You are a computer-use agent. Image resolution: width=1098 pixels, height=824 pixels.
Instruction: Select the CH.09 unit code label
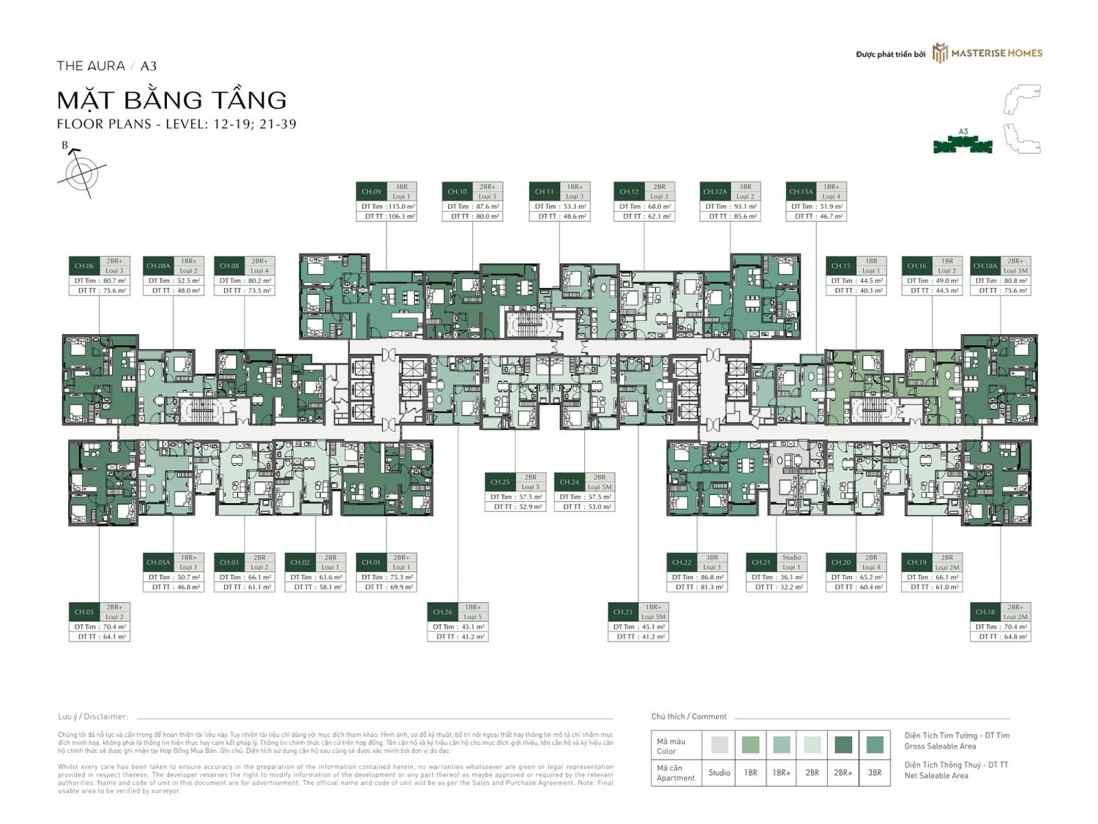371,192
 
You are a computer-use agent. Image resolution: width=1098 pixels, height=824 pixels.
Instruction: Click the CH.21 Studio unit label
761,563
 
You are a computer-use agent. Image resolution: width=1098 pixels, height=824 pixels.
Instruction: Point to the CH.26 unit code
442,612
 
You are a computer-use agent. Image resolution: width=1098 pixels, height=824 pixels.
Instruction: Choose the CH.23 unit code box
623,612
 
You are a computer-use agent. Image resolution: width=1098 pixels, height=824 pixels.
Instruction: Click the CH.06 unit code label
84,266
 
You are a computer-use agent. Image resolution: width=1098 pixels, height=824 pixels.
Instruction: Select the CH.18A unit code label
985,266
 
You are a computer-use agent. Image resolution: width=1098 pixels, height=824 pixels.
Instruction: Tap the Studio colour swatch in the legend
719,745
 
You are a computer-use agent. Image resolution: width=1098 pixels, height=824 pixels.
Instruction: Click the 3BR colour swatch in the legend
874,745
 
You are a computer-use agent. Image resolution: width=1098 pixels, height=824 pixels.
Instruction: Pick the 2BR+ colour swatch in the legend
843,745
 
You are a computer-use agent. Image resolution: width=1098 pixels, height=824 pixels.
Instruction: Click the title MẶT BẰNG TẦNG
172,100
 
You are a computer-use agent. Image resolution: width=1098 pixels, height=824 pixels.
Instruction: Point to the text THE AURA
91,66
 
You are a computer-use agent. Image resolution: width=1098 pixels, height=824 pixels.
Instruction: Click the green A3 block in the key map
963,146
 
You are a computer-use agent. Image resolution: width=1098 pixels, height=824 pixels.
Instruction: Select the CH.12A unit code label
714,192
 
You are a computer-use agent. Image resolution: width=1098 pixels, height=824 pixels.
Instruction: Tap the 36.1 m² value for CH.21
789,577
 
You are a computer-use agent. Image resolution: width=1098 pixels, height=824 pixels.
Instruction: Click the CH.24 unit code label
569,482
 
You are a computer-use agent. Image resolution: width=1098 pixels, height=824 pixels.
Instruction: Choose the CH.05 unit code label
84,612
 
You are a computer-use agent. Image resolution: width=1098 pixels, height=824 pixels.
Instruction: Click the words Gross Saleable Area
940,746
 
